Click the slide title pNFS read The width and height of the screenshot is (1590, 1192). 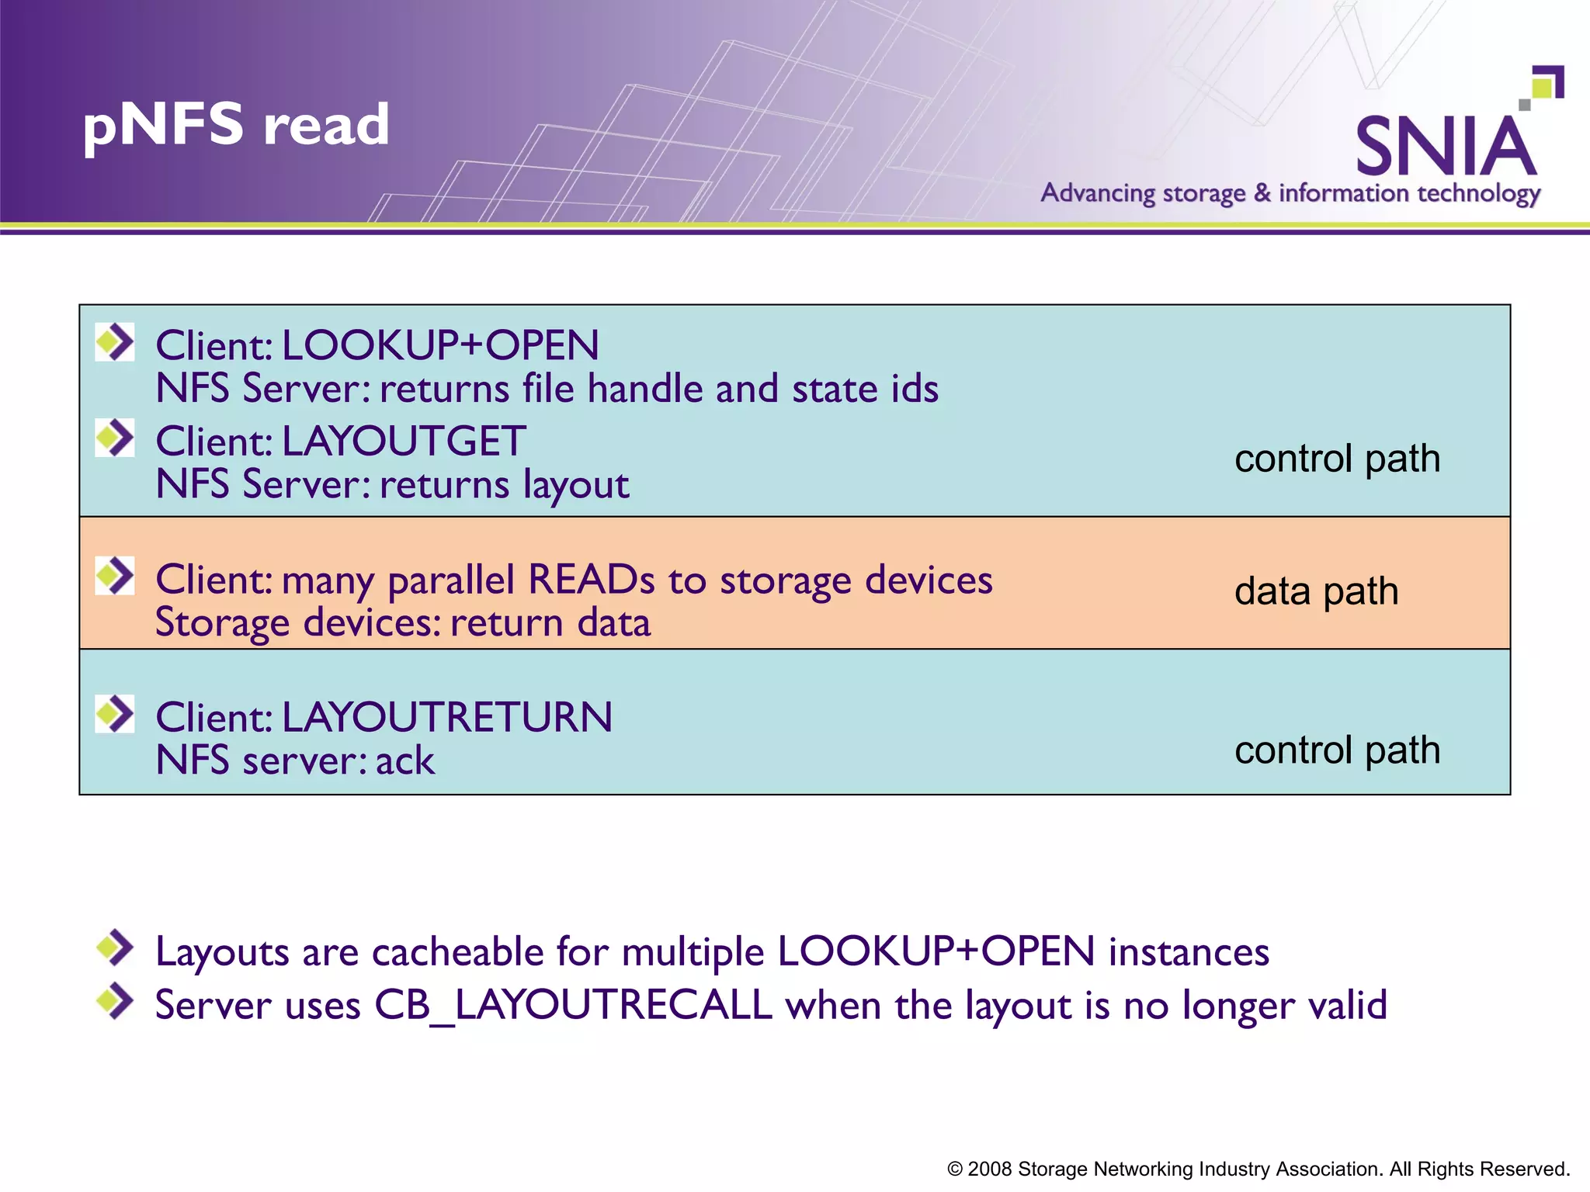[236, 125]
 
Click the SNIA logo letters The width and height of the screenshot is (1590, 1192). [1446, 147]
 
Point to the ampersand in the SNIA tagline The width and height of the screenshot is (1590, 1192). [1262, 192]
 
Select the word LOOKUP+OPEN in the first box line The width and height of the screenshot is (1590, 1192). [440, 345]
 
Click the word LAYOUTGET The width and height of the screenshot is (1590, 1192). [404, 442]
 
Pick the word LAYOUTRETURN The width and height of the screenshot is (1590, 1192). [446, 717]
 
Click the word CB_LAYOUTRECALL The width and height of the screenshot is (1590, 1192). [573, 1005]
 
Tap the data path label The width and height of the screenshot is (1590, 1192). [1316, 591]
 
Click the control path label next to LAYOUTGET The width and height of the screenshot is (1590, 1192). [1337, 459]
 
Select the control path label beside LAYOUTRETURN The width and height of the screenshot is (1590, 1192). [1337, 750]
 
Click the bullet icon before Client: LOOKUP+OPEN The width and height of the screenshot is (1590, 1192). [115, 342]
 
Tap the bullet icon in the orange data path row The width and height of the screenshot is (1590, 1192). [115, 576]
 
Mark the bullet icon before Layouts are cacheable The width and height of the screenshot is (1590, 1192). [115, 948]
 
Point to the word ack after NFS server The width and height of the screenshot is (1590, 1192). [405, 761]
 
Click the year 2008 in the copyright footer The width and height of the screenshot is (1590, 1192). [989, 1169]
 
